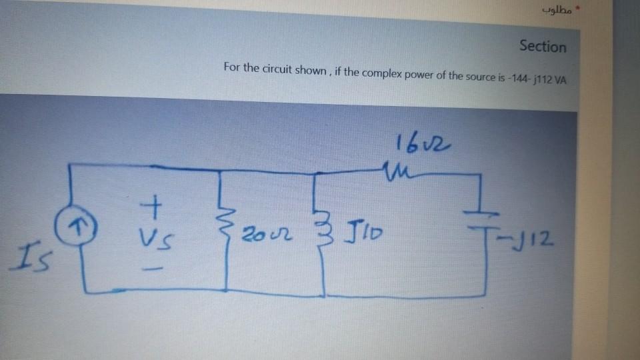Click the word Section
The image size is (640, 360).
(543, 47)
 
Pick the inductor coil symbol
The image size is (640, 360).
(324, 230)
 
